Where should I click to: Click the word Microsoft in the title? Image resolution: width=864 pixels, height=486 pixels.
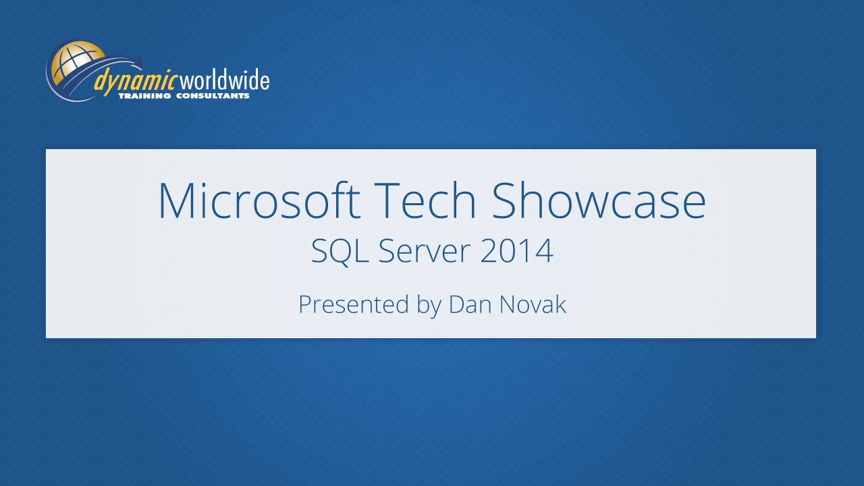(x=259, y=200)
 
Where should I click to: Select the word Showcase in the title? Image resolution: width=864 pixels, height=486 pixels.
(x=598, y=200)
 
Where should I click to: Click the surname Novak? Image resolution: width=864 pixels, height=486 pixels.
(x=533, y=304)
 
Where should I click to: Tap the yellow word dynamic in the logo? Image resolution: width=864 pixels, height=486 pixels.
(x=135, y=82)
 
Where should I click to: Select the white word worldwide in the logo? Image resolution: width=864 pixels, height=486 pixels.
(x=223, y=80)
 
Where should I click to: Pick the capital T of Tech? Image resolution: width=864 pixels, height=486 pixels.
(x=386, y=200)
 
